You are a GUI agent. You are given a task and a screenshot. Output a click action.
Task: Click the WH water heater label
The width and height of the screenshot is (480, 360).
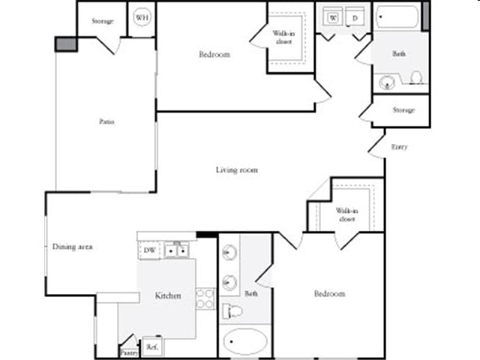coord(141,16)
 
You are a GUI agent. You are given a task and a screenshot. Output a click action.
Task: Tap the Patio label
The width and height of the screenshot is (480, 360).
coord(106,121)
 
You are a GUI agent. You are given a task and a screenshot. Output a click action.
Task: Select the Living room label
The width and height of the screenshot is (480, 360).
coord(237,170)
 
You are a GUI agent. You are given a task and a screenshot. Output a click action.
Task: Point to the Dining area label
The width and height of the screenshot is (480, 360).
coord(72,247)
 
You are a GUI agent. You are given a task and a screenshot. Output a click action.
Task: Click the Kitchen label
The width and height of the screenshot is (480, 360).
coord(168,295)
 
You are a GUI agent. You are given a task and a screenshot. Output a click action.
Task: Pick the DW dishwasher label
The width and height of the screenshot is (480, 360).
coord(148,250)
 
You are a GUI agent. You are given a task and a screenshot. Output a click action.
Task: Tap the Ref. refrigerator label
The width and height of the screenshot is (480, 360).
coord(152,347)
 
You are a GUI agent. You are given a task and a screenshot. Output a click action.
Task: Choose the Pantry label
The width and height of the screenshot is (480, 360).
coord(128,351)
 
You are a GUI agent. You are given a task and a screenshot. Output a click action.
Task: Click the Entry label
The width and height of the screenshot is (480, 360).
coord(400,147)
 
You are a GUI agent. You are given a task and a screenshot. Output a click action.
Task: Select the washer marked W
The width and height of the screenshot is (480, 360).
coord(332,17)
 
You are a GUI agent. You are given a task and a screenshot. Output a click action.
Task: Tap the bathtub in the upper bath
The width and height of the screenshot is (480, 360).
coord(397,16)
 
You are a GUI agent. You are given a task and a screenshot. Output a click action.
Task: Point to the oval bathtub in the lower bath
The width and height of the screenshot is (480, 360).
coord(245,341)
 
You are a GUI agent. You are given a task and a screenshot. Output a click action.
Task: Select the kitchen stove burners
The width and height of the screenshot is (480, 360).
coord(205,298)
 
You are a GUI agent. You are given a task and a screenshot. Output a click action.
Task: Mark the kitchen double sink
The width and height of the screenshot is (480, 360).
coord(176,250)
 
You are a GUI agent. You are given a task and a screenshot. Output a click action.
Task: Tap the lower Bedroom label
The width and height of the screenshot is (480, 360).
coord(330,293)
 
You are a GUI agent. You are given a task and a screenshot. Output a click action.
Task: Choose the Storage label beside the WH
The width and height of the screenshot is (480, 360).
coord(103,20)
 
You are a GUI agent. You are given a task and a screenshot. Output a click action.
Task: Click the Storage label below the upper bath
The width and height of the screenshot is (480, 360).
coord(403,110)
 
